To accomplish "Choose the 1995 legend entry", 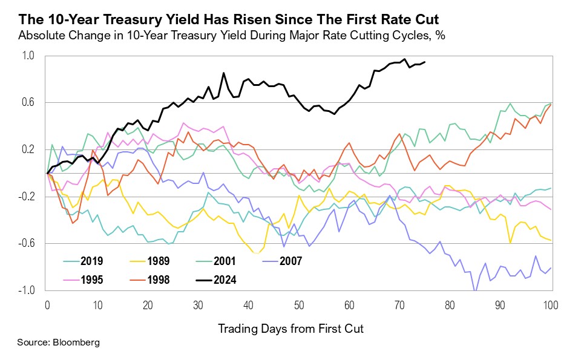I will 91,280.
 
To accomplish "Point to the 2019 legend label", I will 91,261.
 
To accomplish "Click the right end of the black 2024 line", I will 425,62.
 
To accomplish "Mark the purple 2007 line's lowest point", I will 475,291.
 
